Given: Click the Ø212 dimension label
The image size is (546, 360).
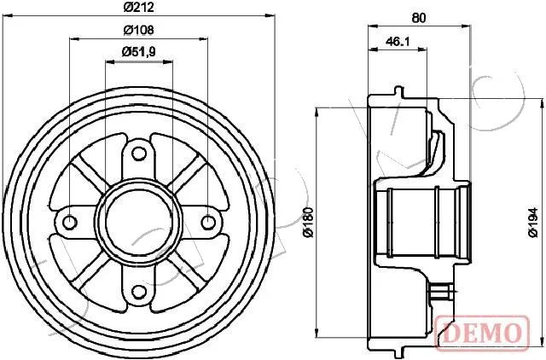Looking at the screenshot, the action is (138, 7).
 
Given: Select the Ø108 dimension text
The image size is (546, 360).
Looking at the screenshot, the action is (138, 30).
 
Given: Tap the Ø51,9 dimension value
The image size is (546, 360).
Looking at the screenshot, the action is (138, 52).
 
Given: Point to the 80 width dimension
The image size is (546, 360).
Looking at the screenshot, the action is (419, 18).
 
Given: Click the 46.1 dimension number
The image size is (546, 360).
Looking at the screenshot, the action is (398, 42).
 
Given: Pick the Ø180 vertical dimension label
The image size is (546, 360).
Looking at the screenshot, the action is (308, 222).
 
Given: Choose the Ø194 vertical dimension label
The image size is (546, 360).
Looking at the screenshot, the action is (533, 222).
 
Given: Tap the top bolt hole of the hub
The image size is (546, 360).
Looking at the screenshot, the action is (139, 154).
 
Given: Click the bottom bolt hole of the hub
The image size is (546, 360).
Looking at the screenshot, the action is (139, 292).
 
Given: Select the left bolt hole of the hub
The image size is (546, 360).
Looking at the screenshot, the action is (70, 222).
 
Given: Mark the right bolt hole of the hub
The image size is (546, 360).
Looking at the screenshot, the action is (208, 222).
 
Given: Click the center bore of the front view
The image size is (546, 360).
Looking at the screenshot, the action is (139, 222).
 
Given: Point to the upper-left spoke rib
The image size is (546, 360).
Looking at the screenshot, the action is (90, 173).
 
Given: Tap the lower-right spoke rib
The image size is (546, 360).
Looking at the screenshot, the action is (189, 271).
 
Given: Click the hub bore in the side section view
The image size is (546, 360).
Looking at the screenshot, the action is (423, 222).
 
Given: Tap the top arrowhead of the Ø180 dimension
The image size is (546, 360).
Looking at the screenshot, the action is (317, 113).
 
